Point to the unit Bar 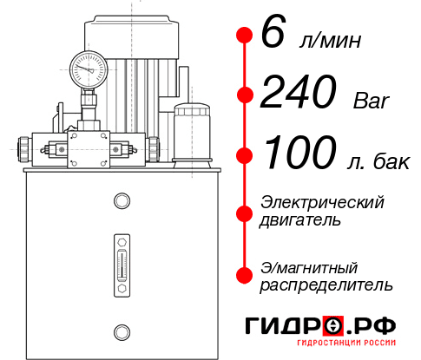[373, 102]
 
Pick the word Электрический [322, 202]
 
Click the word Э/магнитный [309, 266]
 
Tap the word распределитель [326, 285]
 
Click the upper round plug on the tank [122, 202]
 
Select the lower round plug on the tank [122, 331]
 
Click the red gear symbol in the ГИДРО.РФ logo [333, 326]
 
